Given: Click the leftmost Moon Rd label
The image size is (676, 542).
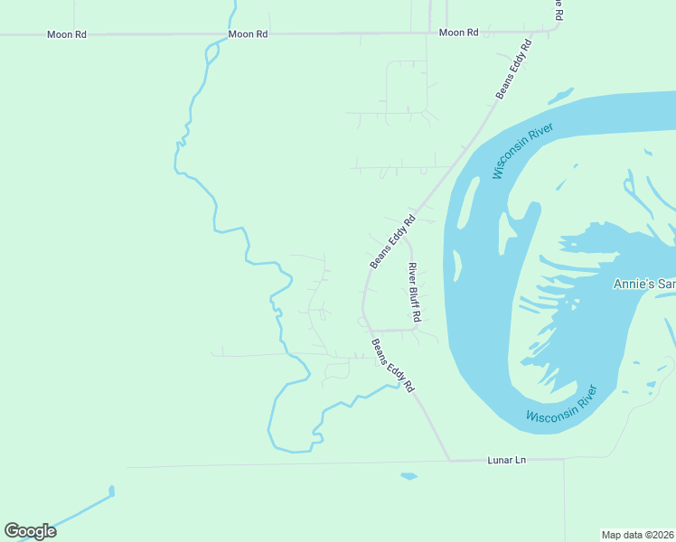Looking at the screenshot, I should pos(67,34).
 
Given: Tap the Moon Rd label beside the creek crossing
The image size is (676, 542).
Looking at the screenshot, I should pos(248,33).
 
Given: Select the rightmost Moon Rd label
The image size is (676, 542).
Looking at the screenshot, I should pos(458,33).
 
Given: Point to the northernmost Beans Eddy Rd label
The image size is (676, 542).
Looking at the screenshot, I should pos(514,69).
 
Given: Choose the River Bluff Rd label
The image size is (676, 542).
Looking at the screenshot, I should pos(414,293).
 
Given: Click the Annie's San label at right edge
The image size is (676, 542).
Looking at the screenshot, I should pos(643,284).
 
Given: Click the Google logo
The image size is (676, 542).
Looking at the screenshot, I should pos(30,531).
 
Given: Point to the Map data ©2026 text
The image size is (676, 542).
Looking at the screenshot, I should pos(637,534).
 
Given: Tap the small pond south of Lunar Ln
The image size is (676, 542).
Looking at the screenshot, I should pos(408,475).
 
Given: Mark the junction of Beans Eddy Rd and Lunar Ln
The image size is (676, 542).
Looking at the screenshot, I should pos(449,461).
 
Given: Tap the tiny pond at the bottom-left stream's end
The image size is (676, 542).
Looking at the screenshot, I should pos(112,491).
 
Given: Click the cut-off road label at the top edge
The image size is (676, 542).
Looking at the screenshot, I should pos(559,9).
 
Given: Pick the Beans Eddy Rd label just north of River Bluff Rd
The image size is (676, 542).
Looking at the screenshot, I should pos(392,240).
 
